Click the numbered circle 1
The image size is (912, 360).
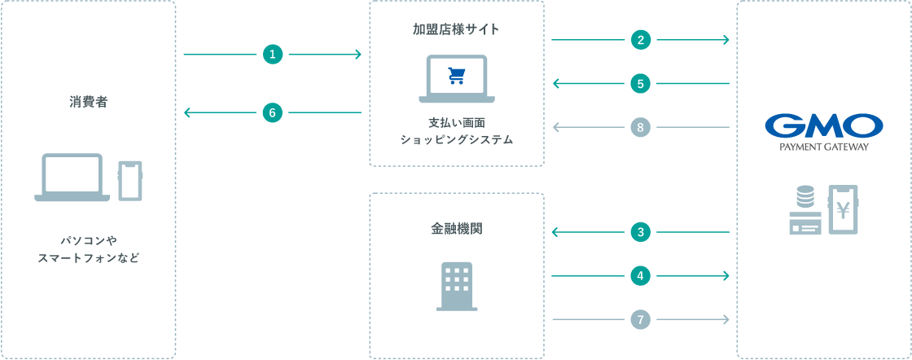pos(272,55)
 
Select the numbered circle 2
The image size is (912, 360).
pos(640,40)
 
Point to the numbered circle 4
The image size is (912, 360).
pos(640,276)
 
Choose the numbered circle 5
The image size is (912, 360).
pos(640,84)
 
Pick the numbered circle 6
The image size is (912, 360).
pos(272,112)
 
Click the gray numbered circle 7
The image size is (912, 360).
pos(640,319)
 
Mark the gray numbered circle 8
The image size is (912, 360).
pos(640,127)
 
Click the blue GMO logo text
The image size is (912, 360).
pos(823,125)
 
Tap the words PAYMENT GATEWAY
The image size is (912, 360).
pos(823,147)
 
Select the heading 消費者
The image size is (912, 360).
pos(89,103)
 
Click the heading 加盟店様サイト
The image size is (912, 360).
pos(456,29)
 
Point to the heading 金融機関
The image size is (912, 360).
pos(456,229)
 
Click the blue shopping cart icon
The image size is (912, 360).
pos(457,76)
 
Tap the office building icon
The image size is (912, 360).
pos(457,286)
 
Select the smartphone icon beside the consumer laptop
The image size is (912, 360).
pos(130,181)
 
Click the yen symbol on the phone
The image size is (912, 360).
pos(842,208)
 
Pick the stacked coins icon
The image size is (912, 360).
pos(805,196)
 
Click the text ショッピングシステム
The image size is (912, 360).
pos(457,140)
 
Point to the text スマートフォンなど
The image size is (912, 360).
pos(89,257)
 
